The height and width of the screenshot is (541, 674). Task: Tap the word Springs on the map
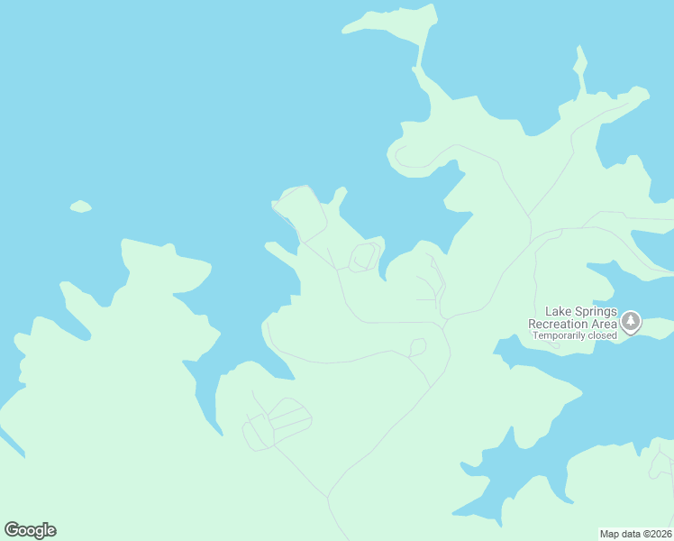tap(589, 312)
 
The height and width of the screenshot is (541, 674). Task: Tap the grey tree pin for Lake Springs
tap(631, 321)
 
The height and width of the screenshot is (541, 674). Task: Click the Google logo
tap(30, 530)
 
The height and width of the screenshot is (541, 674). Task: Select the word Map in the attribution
tap(610, 533)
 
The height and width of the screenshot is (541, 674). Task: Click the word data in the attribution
tap(631, 533)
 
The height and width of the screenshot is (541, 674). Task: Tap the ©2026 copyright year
tap(658, 533)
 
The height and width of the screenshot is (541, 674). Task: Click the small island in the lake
tap(81, 206)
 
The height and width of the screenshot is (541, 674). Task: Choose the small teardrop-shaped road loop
tap(417, 346)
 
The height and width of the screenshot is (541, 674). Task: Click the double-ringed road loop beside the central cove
tap(364, 256)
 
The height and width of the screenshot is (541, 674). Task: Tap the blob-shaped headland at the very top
tap(396, 22)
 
